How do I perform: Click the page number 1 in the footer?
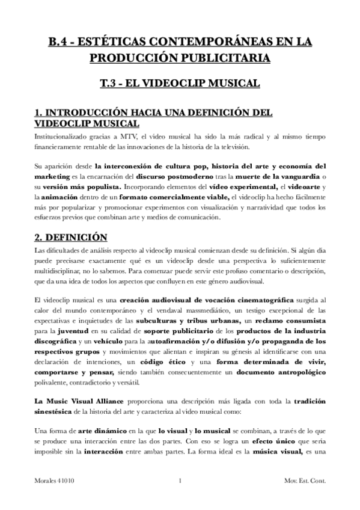click(180, 497)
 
